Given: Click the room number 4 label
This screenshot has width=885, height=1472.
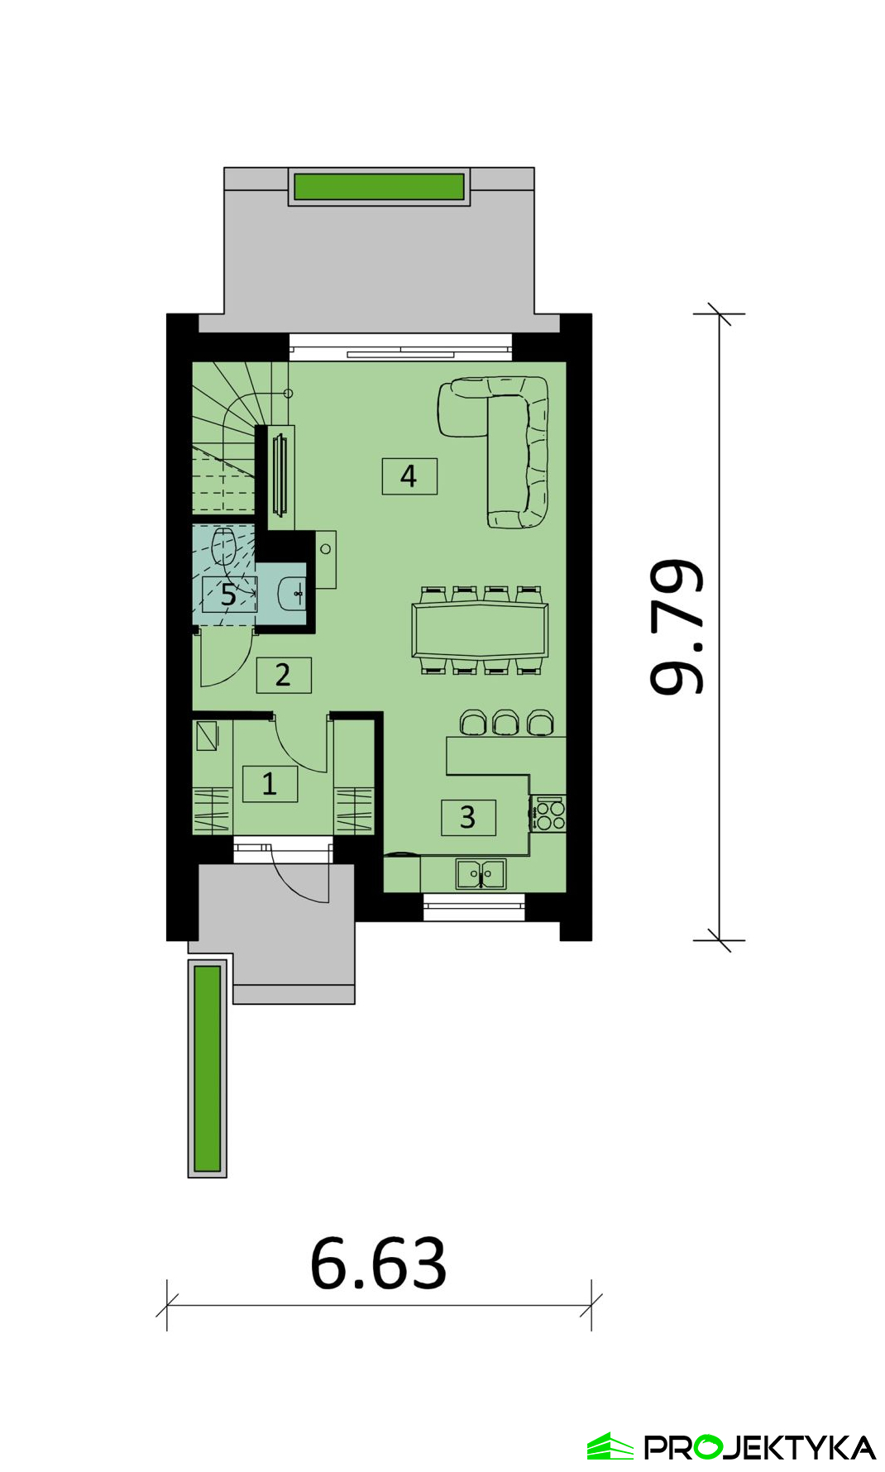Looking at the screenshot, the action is (409, 476).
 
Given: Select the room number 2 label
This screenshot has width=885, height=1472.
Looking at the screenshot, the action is (283, 675).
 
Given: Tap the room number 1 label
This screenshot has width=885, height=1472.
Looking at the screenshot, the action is (270, 783).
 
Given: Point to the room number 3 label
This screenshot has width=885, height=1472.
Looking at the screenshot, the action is (468, 817).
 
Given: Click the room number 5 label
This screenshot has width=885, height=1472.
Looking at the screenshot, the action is (229, 594).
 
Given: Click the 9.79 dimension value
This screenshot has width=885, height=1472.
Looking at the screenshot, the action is (677, 627).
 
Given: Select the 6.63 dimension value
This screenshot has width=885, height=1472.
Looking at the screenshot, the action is (379, 1264).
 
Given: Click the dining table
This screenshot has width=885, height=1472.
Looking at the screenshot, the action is (480, 630).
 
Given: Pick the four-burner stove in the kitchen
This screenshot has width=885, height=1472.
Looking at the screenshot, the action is (548, 813).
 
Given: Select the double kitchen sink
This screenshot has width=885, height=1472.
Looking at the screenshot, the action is (481, 874).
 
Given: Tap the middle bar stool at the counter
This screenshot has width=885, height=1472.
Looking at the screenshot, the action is (505, 722).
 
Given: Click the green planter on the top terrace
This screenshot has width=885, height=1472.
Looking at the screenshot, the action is (380, 186).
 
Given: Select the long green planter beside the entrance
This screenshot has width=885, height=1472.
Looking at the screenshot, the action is (208, 1068).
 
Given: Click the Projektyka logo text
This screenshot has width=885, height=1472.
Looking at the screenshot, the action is (759, 1447).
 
